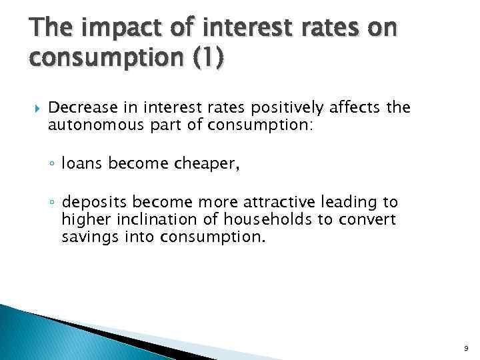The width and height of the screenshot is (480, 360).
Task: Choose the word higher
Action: [81, 219]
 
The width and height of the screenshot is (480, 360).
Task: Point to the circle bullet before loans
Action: [52, 164]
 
